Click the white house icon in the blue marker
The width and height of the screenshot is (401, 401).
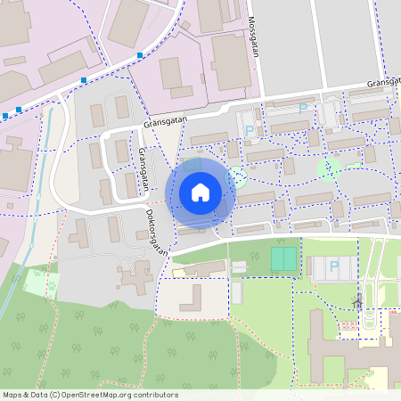pyautogui.click(x=200, y=192)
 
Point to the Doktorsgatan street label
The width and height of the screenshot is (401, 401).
pyautogui.click(x=157, y=233)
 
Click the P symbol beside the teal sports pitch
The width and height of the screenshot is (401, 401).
pyautogui.click(x=334, y=266)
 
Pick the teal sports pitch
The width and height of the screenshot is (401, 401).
pyautogui.click(x=283, y=259)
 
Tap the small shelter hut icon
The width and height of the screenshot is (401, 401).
pyautogui.click(x=358, y=301)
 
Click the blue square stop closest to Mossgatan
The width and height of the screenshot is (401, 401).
pyautogui.click(x=140, y=56)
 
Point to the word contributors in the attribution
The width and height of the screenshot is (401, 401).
pyautogui.click(x=154, y=395)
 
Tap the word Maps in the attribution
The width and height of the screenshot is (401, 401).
pyautogui.click(x=12, y=395)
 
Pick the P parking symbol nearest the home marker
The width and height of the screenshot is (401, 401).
pyautogui.click(x=249, y=131)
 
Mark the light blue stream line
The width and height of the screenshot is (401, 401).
pyautogui.click(x=29, y=223)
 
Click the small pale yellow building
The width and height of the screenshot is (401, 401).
pyautogui.click(x=181, y=272)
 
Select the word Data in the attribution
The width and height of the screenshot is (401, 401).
pyautogui.click(x=38, y=395)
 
